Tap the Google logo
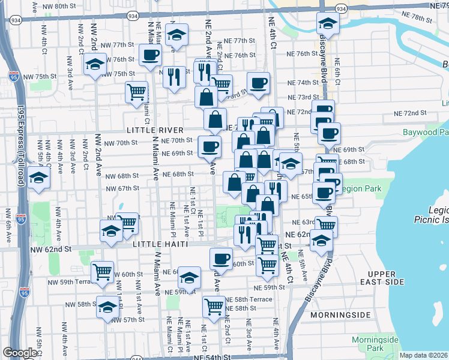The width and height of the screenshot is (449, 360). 19,353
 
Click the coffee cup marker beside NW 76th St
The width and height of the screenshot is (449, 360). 149,56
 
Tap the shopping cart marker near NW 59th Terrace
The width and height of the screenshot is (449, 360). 103,272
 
